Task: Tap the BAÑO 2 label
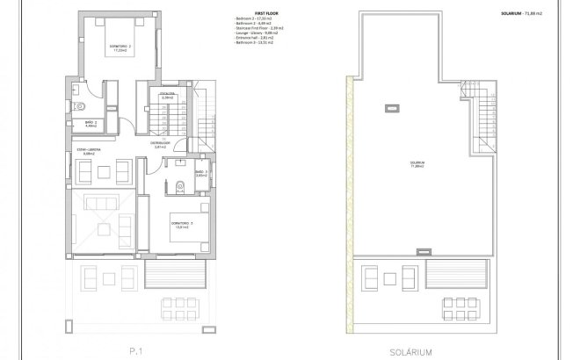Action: (x=77, y=124)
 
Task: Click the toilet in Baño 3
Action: (x=179, y=184)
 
